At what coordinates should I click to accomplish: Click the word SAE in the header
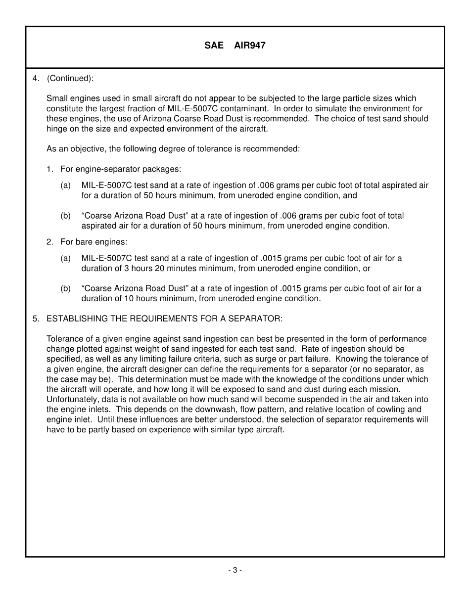(x=214, y=46)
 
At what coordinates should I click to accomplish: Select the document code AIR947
(x=250, y=46)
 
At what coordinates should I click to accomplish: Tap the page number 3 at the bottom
(x=235, y=570)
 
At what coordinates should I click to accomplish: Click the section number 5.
(x=35, y=319)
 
